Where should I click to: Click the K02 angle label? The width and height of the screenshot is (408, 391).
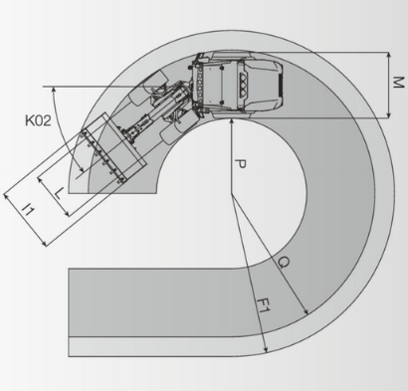(38, 120)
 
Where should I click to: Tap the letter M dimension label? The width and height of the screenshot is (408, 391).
(398, 83)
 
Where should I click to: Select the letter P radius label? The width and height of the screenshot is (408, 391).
(240, 164)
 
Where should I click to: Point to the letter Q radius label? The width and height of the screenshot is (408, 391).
(284, 263)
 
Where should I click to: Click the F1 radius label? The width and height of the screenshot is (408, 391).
(265, 305)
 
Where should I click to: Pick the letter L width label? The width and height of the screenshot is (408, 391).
(59, 193)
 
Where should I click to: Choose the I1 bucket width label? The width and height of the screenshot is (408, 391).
(28, 210)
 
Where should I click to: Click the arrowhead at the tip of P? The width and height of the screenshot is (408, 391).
(232, 121)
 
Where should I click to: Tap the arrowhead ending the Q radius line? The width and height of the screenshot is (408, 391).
(306, 311)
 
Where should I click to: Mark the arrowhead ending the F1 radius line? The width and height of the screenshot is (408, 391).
(266, 349)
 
